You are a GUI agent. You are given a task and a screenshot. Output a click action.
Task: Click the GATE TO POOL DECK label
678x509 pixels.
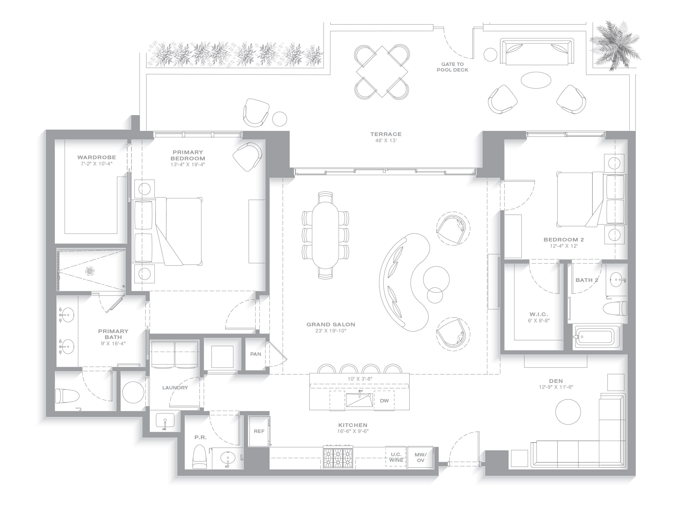(452, 67)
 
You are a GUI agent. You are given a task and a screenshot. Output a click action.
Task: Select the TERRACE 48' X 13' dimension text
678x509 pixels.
(386, 141)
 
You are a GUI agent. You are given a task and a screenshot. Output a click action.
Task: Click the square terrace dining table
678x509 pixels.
(382, 72)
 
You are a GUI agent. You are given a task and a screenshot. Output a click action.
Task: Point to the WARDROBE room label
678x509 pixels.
(97, 158)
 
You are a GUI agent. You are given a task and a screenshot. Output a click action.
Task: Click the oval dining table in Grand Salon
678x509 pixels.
(325, 235)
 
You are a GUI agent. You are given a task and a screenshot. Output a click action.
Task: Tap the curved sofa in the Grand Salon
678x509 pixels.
(404, 282)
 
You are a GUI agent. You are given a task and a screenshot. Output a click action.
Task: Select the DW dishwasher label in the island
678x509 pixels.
(384, 401)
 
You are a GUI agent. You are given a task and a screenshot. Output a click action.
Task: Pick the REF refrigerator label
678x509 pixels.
(259, 431)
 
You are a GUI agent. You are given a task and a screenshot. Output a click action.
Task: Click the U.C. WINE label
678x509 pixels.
(396, 457)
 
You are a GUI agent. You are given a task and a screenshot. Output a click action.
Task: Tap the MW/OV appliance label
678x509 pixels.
(421, 458)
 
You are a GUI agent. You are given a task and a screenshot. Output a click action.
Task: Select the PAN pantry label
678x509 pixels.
(256, 354)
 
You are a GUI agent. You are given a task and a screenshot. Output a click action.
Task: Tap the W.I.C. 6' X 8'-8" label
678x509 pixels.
(538, 317)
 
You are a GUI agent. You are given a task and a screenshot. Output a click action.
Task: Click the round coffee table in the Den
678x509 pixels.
(568, 412)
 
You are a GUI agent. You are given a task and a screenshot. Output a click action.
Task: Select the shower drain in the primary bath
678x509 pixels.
(90, 271)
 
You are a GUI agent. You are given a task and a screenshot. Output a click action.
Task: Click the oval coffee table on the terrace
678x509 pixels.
(536, 80)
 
